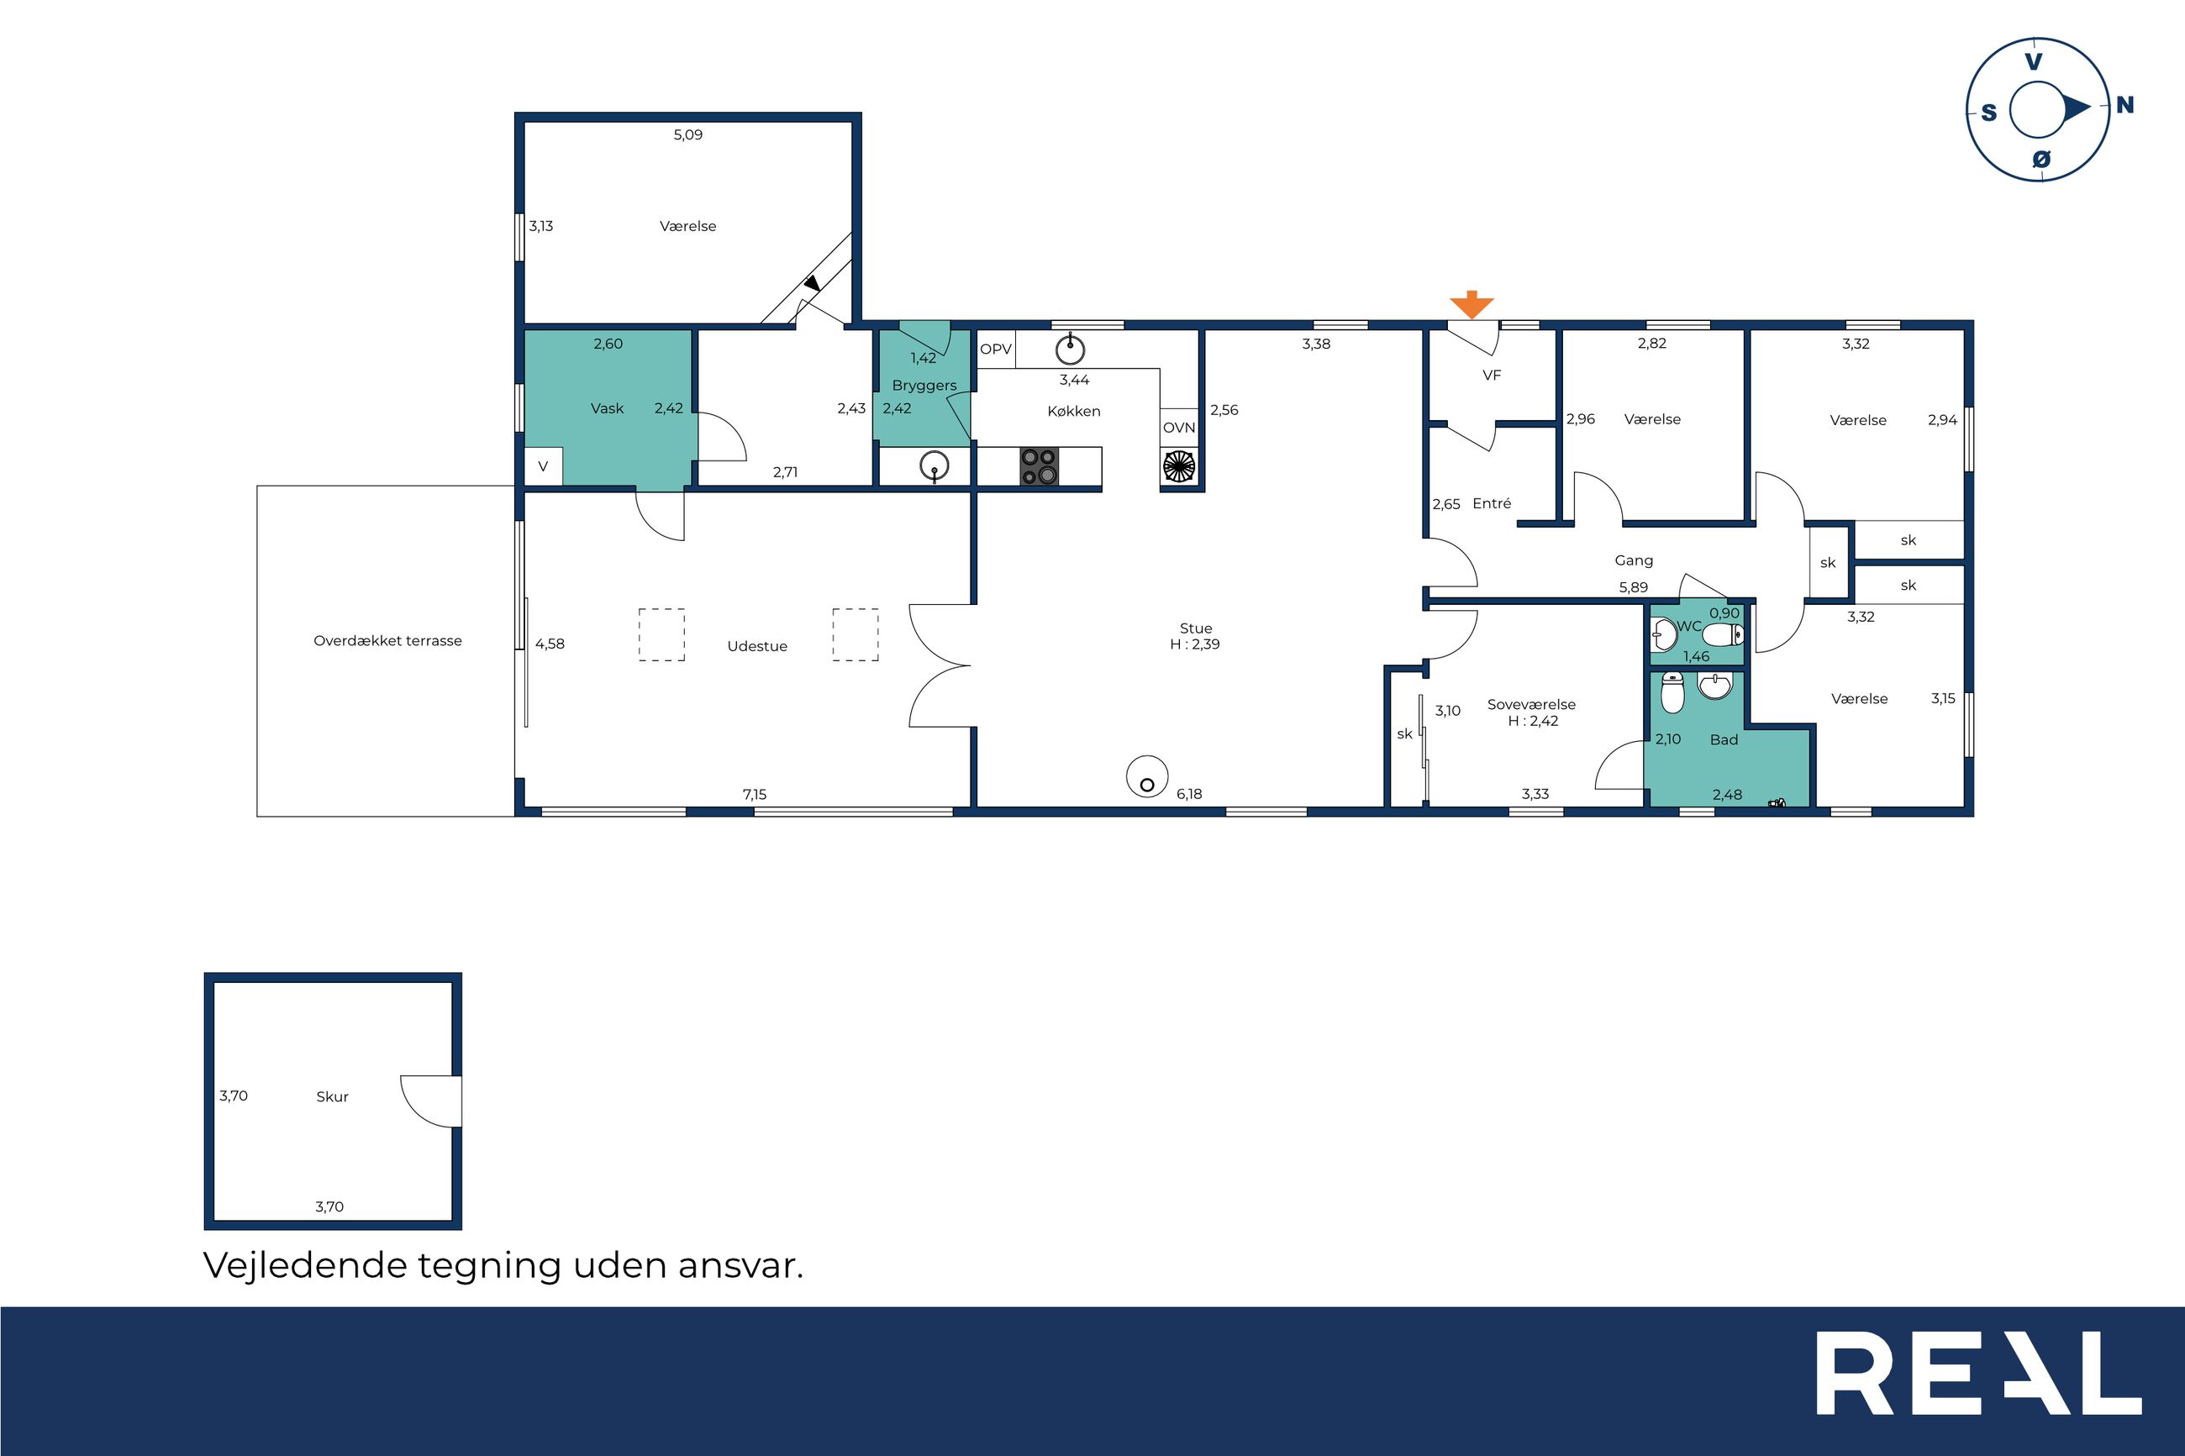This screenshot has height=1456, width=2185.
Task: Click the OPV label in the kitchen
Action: coord(996,350)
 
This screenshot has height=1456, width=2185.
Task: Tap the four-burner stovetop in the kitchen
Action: coord(1039,467)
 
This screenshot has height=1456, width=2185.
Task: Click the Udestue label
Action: coord(757,646)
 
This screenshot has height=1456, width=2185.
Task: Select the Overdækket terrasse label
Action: coord(387,641)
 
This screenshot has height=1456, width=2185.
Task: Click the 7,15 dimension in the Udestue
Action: coord(754,794)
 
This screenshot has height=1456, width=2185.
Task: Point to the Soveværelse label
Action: coord(1531,705)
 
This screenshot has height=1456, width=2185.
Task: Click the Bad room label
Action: coord(1724,740)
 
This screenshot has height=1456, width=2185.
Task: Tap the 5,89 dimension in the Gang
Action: coord(1634,588)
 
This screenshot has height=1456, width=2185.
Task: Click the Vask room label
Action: coord(608,408)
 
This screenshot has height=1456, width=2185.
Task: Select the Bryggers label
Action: coord(924,386)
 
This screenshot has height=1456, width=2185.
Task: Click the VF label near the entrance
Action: coord(1492,376)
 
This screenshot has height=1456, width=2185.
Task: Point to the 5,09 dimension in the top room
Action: coord(688,134)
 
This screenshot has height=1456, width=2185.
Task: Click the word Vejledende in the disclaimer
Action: coord(304,1265)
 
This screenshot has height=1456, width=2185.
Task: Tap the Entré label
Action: coord(1492,503)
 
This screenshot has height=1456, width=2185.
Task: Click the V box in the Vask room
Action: coord(543,467)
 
